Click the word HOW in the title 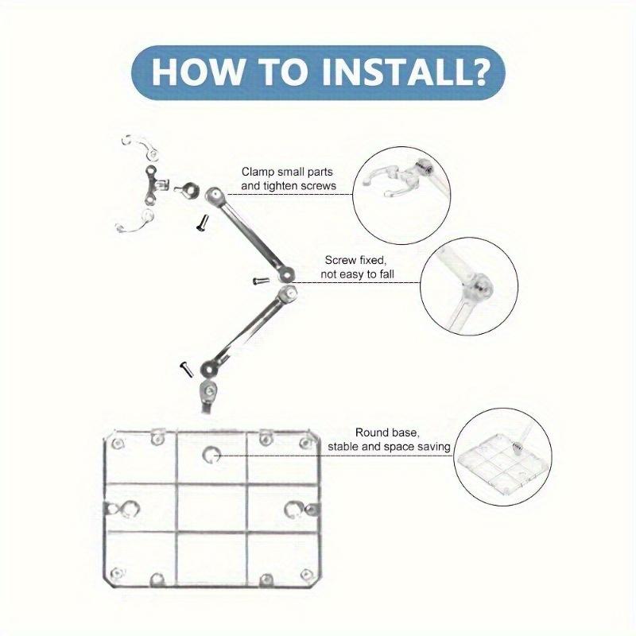click(x=198, y=72)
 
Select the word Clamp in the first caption click(x=258, y=172)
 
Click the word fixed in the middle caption click(x=370, y=261)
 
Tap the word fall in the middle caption click(x=386, y=274)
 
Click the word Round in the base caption click(x=370, y=432)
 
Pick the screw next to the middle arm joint click(x=261, y=281)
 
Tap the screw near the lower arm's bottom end click(x=186, y=370)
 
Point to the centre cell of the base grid click(x=211, y=508)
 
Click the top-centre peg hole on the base click(x=211, y=455)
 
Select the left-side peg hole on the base click(x=129, y=509)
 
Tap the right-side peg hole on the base click(x=293, y=510)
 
